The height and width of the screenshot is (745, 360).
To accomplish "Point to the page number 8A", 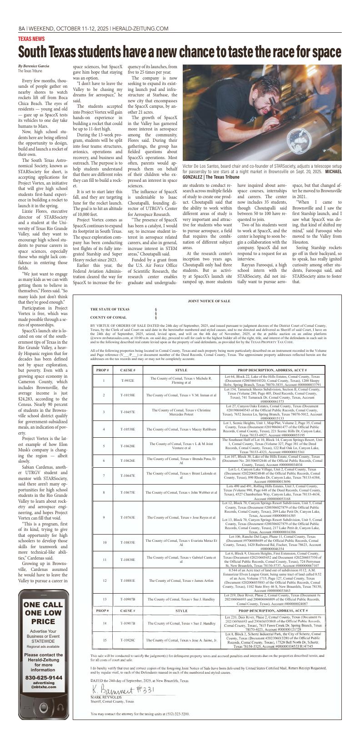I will point(21,29).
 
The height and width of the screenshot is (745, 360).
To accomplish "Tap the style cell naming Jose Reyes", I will point(181,505).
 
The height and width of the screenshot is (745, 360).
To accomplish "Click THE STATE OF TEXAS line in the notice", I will point(110,309).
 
